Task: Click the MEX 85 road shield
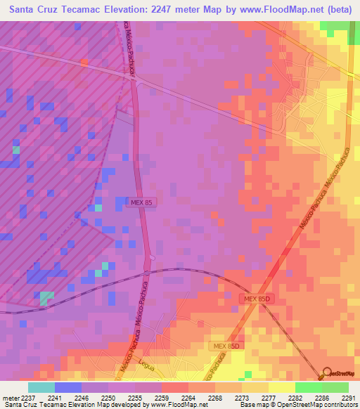(x=141, y=202)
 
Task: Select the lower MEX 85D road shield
(x=225, y=346)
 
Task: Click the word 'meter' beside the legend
(x=9, y=397)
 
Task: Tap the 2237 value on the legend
(x=27, y=397)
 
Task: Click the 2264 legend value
(x=188, y=397)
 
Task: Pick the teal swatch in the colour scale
(x=41, y=387)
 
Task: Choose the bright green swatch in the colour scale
(x=308, y=387)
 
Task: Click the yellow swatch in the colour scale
(x=281, y=387)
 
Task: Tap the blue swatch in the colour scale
(x=67, y=387)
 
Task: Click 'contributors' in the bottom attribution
(x=339, y=405)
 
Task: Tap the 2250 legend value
(x=108, y=397)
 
